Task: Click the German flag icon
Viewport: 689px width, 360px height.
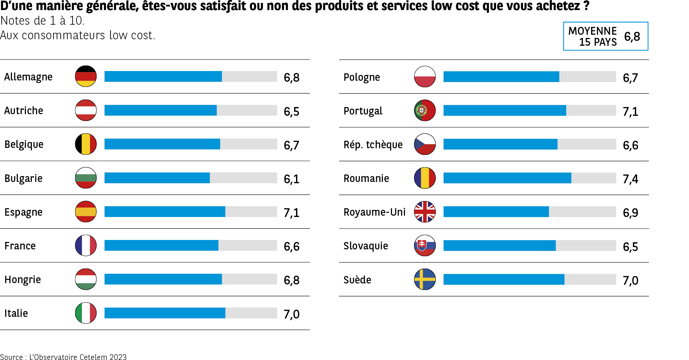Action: [86, 76]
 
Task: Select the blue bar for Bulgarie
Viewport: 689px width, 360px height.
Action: [157, 178]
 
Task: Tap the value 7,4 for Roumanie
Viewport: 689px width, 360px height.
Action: [630, 179]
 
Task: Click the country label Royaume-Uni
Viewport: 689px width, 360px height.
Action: [374, 212]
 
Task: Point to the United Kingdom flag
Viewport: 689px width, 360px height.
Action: [425, 212]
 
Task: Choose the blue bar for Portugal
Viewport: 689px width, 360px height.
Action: [505, 111]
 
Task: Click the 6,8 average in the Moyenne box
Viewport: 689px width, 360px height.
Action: [632, 37]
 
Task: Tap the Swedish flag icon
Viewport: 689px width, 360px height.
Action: [425, 279]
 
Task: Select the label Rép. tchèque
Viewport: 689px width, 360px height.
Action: [373, 145]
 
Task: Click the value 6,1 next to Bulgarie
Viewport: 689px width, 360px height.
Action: [291, 179]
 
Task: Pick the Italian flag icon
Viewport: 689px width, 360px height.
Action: [86, 313]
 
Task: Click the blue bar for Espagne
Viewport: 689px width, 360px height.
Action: [165, 211]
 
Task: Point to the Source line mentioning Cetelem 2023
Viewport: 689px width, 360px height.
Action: [63, 357]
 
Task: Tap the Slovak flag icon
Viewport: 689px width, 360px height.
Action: [425, 246]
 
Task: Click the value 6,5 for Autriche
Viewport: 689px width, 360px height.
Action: [291, 112]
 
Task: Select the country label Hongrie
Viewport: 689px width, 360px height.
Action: [23, 280]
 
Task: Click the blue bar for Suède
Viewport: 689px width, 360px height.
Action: [504, 279]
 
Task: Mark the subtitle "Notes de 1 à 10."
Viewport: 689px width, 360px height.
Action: [42, 21]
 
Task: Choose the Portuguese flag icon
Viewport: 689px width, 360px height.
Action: [425, 110]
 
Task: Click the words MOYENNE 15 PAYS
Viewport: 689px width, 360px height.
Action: [593, 36]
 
